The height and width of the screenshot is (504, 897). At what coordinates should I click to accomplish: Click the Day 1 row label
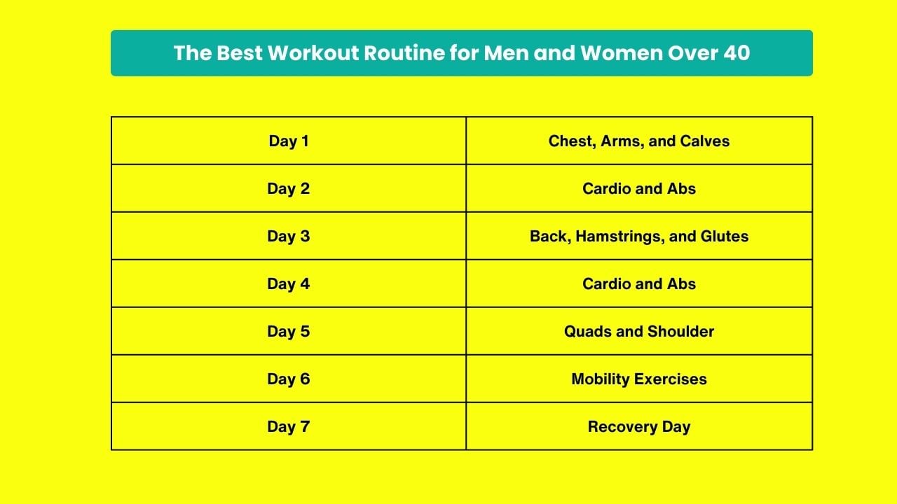[289, 141]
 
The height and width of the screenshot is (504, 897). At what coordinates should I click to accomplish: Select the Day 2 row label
[289, 189]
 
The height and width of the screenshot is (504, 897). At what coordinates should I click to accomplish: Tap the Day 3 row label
[289, 237]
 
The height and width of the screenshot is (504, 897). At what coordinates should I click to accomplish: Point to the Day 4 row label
[289, 284]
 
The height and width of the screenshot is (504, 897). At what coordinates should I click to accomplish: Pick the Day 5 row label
[289, 332]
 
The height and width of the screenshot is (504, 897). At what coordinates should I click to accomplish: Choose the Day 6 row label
[289, 379]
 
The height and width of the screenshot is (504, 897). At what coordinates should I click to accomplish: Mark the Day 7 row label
[289, 427]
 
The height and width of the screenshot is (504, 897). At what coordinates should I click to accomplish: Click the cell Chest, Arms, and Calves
[639, 141]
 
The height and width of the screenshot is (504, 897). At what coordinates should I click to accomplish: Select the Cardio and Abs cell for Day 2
[639, 189]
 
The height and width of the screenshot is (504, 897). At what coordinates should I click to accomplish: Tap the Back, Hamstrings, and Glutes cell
[639, 237]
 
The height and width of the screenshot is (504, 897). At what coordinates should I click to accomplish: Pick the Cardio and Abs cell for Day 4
[639, 284]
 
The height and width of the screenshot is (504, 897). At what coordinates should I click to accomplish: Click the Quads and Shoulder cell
[639, 332]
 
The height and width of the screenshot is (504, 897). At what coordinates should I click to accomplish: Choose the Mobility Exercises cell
[639, 379]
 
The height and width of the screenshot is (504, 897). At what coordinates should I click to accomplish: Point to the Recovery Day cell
[639, 427]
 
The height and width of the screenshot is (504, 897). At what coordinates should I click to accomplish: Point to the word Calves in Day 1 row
[705, 141]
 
